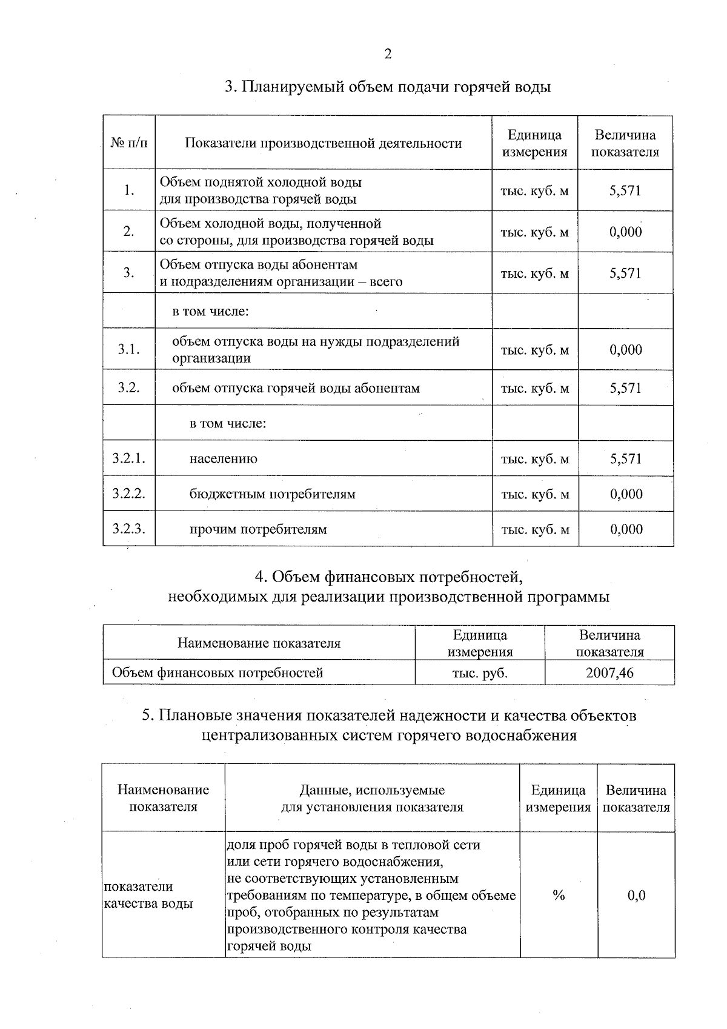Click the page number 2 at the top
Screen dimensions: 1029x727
click(x=388, y=54)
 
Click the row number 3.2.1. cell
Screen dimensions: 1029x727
click(x=129, y=458)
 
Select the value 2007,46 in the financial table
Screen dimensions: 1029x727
click(x=609, y=672)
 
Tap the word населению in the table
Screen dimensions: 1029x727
click(x=224, y=459)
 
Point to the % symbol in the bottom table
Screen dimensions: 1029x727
click(x=559, y=895)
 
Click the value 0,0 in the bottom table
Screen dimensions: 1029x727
click(x=636, y=895)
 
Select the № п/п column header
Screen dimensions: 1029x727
click(x=129, y=143)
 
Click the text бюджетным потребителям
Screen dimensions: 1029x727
click(x=273, y=494)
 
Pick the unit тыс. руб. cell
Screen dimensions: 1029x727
click(x=480, y=672)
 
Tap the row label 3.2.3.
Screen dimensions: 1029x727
click(x=129, y=529)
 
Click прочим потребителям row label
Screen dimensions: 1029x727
click(x=259, y=529)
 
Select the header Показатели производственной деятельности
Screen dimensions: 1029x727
click(x=323, y=143)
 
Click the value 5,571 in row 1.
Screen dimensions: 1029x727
click(x=625, y=190)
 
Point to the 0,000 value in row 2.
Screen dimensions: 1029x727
click(x=625, y=232)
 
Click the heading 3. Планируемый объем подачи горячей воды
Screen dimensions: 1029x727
click(x=388, y=87)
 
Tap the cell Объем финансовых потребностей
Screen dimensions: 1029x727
click(x=217, y=672)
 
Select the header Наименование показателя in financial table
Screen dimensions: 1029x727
click(x=259, y=643)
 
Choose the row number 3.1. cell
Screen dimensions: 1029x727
click(x=129, y=349)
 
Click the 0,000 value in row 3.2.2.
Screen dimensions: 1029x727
click(x=626, y=494)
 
